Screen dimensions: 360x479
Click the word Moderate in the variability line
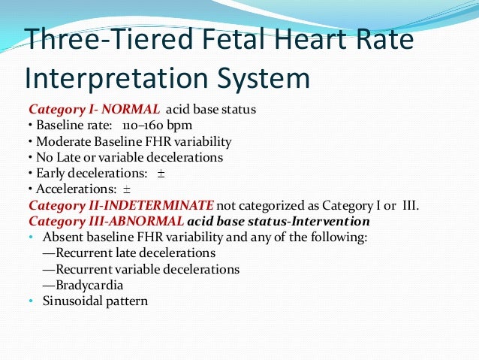[x=60, y=141]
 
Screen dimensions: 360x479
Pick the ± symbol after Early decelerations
[x=161, y=173]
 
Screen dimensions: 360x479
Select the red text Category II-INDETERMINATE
[x=122, y=205]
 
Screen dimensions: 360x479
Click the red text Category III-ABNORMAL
[x=106, y=222]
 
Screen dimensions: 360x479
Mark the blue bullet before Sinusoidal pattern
[x=31, y=301]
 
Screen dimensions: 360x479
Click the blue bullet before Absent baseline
[x=31, y=237]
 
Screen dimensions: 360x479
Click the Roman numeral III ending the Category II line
[x=412, y=205]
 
